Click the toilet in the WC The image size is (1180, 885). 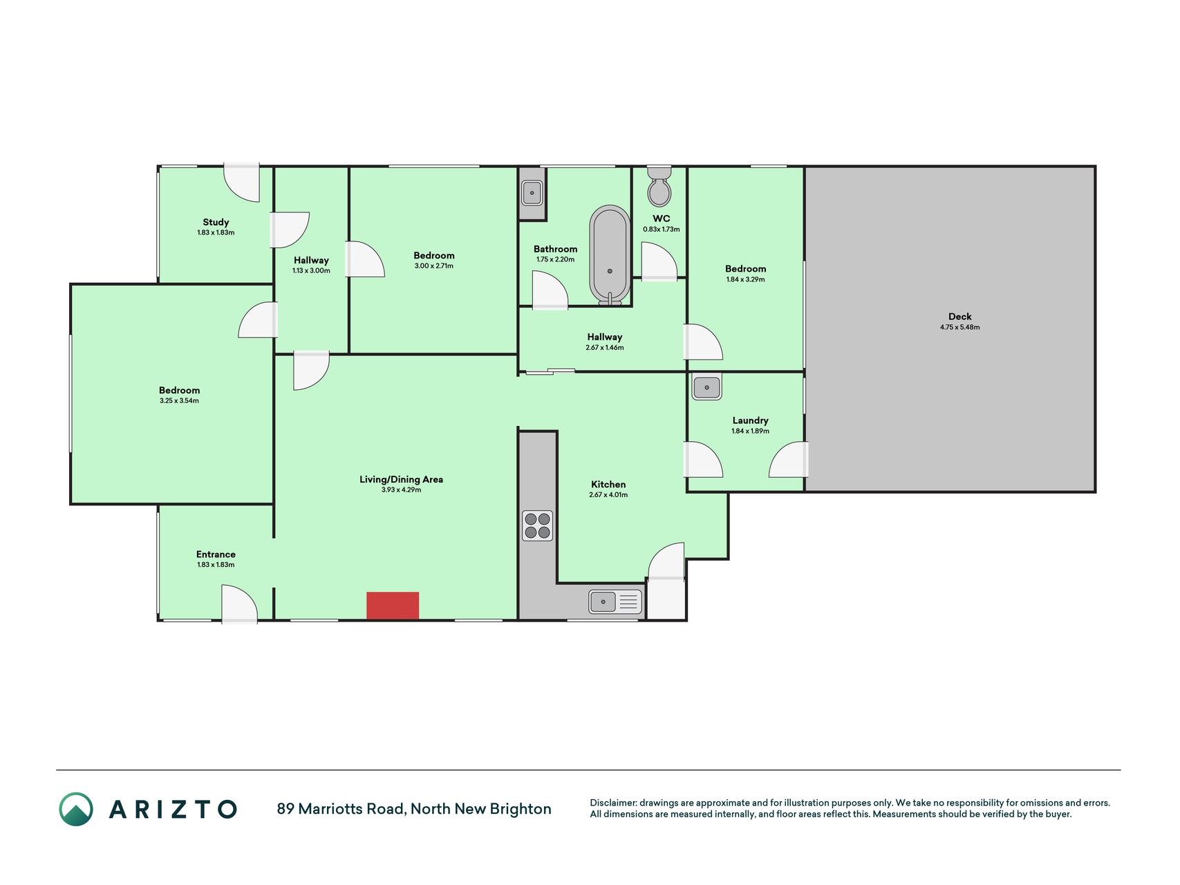659,186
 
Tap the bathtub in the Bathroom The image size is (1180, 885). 610,255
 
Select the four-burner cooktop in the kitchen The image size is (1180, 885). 537,525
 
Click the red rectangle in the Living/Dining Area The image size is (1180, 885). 393,606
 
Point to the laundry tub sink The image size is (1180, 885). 706,387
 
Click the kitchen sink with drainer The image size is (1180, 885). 615,602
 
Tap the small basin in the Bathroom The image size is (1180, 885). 532,193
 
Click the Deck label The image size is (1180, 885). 960,317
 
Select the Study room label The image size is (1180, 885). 216,222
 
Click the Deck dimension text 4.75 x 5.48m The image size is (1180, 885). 960,327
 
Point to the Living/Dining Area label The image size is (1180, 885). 401,479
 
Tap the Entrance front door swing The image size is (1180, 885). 239,604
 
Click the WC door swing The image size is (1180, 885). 659,261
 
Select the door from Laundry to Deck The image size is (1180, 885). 789,460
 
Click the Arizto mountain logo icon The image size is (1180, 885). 76,809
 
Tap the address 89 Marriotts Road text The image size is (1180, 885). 341,809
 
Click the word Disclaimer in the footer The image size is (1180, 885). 612,803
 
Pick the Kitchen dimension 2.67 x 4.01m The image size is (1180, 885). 608,495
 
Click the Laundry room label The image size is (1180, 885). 750,420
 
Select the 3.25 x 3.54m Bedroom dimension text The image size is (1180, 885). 179,401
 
